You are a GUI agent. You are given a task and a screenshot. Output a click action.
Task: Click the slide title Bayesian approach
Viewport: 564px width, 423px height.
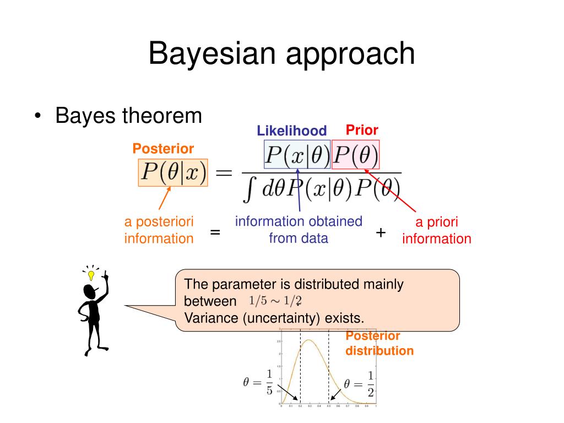click(281, 55)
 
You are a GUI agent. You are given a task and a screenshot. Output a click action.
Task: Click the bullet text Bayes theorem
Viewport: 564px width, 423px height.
click(128, 116)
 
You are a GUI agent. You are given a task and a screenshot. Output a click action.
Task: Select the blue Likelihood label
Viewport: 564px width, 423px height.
click(292, 131)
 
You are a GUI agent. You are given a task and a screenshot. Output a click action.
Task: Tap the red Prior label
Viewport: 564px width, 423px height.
click(362, 130)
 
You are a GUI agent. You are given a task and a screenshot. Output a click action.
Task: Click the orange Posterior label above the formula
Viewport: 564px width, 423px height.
click(163, 149)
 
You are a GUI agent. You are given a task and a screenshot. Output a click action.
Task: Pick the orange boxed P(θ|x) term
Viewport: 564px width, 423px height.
click(172, 172)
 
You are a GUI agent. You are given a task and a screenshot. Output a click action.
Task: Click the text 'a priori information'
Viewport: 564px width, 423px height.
click(437, 230)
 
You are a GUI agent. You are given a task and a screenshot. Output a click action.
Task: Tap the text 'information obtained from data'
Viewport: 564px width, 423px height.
click(299, 230)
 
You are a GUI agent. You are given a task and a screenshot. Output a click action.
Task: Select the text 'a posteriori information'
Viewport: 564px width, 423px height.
click(159, 230)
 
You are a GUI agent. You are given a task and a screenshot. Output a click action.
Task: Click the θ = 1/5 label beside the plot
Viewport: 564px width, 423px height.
click(258, 382)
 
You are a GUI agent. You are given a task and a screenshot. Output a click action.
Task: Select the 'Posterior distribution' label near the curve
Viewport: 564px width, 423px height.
click(379, 343)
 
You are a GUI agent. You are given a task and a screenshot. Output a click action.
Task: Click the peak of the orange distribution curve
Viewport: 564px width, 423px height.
click(310, 340)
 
